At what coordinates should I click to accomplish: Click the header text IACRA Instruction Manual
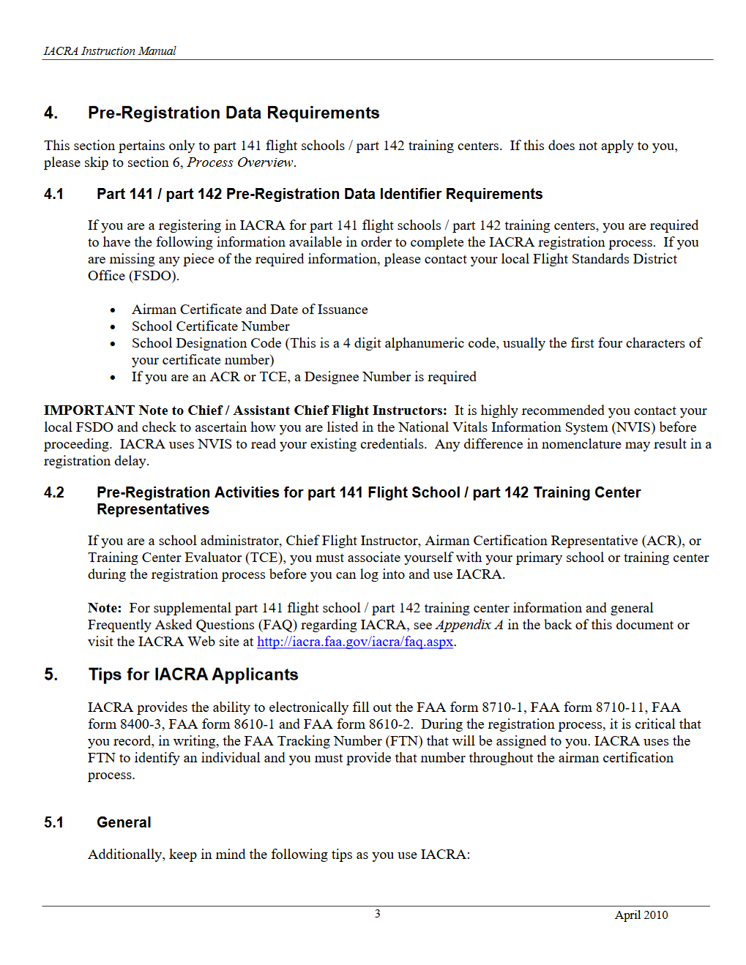(x=110, y=51)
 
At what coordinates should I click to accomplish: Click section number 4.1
(x=53, y=194)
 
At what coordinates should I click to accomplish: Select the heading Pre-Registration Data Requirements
(x=234, y=113)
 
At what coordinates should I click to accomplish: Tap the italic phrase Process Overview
(x=240, y=162)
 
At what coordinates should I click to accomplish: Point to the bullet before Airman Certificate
(x=113, y=310)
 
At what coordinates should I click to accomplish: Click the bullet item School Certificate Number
(x=210, y=326)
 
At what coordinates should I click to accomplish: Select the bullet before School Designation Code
(x=113, y=344)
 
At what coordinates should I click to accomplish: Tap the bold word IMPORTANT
(x=89, y=410)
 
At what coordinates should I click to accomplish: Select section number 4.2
(x=54, y=492)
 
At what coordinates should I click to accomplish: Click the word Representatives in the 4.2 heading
(x=153, y=509)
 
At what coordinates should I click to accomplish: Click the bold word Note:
(x=105, y=608)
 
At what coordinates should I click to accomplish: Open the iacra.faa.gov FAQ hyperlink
(x=355, y=642)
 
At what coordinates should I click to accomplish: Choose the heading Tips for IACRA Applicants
(x=193, y=675)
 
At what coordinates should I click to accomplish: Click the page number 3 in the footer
(x=378, y=914)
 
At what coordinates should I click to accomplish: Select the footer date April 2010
(x=641, y=915)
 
